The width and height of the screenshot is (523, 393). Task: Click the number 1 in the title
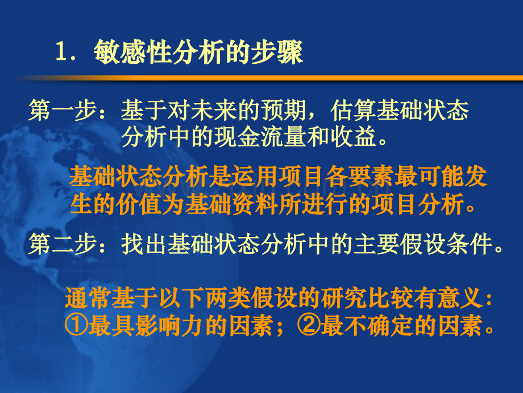61,55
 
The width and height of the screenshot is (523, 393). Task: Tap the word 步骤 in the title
283,54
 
